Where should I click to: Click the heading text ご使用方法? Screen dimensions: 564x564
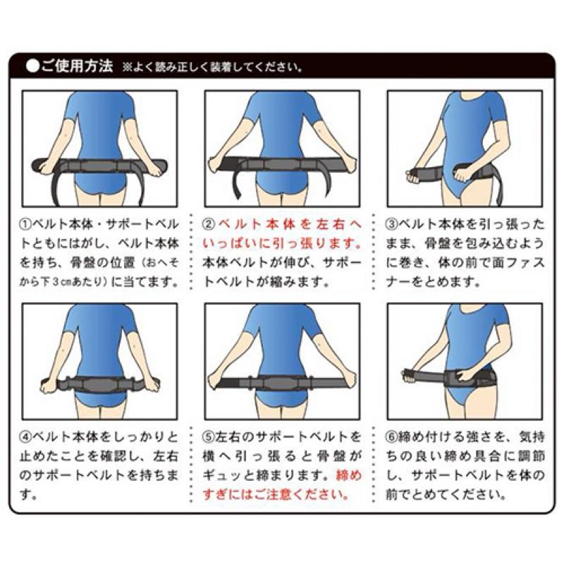(77, 66)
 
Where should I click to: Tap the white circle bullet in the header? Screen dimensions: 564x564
(32, 66)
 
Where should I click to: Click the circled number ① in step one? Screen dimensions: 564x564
(26, 224)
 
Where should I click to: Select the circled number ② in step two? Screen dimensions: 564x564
(208, 224)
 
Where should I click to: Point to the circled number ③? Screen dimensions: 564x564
(391, 224)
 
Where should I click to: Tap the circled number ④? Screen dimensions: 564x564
(26, 437)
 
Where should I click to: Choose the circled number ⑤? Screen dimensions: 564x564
(208, 437)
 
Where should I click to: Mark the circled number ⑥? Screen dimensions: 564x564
(391, 437)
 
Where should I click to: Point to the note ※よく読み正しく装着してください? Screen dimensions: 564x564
(212, 67)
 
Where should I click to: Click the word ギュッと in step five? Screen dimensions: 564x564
(228, 475)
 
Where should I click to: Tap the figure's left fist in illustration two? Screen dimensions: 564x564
(216, 165)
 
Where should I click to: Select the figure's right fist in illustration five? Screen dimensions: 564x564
(348, 378)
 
